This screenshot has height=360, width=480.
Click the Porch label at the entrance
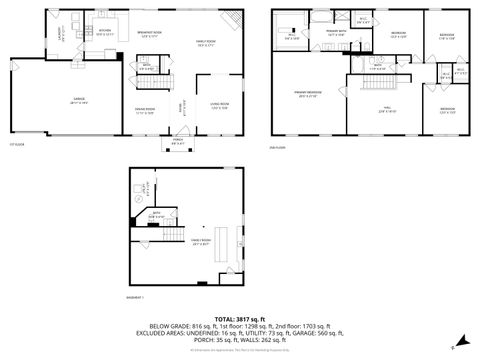tap(178, 141)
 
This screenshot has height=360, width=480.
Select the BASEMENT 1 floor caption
tap(138, 296)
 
